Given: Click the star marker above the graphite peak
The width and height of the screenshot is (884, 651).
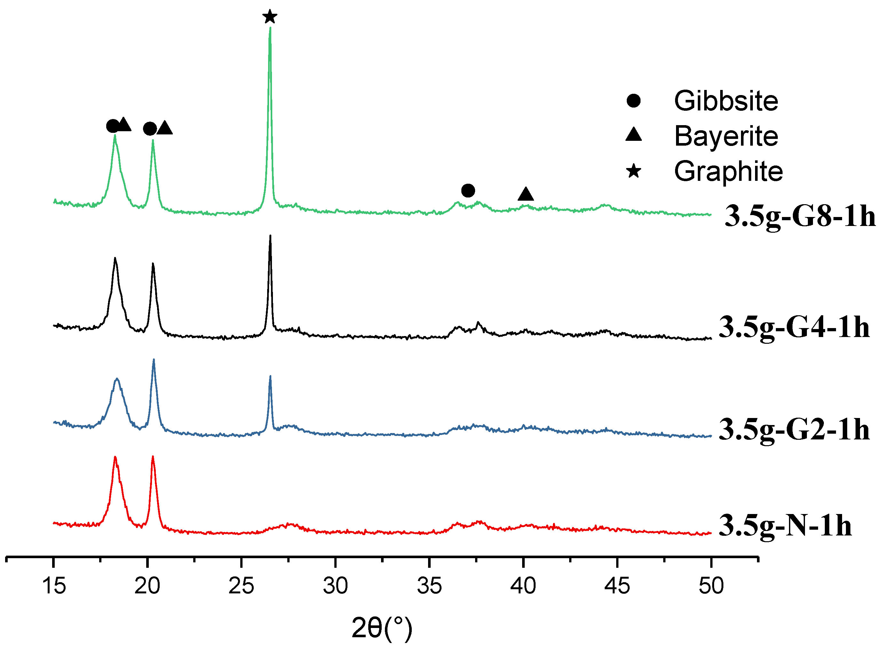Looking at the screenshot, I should point(269,17).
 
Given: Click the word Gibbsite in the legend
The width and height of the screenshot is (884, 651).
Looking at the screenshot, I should point(726,101).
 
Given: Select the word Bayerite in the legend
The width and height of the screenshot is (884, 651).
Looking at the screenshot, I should point(726,136).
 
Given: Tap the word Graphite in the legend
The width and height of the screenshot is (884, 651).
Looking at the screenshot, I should point(728,172).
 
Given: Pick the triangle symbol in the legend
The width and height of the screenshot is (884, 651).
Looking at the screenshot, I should point(633,134).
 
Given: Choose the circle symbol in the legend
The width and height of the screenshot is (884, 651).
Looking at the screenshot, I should point(633,101).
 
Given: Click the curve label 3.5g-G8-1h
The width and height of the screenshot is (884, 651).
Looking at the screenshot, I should point(800,216).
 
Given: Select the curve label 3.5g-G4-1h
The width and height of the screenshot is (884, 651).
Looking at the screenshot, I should point(794,327).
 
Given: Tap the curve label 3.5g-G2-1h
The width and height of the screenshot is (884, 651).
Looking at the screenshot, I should point(794,430).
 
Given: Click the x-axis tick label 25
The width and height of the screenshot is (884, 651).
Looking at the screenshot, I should point(241,586).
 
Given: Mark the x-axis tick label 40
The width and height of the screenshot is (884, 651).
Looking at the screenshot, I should point(523,586).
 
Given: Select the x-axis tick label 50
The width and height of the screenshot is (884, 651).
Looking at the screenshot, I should point(711,586).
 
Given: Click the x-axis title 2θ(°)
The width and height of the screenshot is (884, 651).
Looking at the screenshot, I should point(381,628).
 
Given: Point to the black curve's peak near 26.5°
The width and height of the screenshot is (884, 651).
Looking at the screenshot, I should point(270,237).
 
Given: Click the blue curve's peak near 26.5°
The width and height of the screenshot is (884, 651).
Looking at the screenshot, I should point(270,377).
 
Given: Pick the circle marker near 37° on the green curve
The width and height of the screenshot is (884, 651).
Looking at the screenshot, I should point(468,191).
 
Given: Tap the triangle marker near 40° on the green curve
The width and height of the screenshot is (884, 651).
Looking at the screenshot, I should point(526,194).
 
